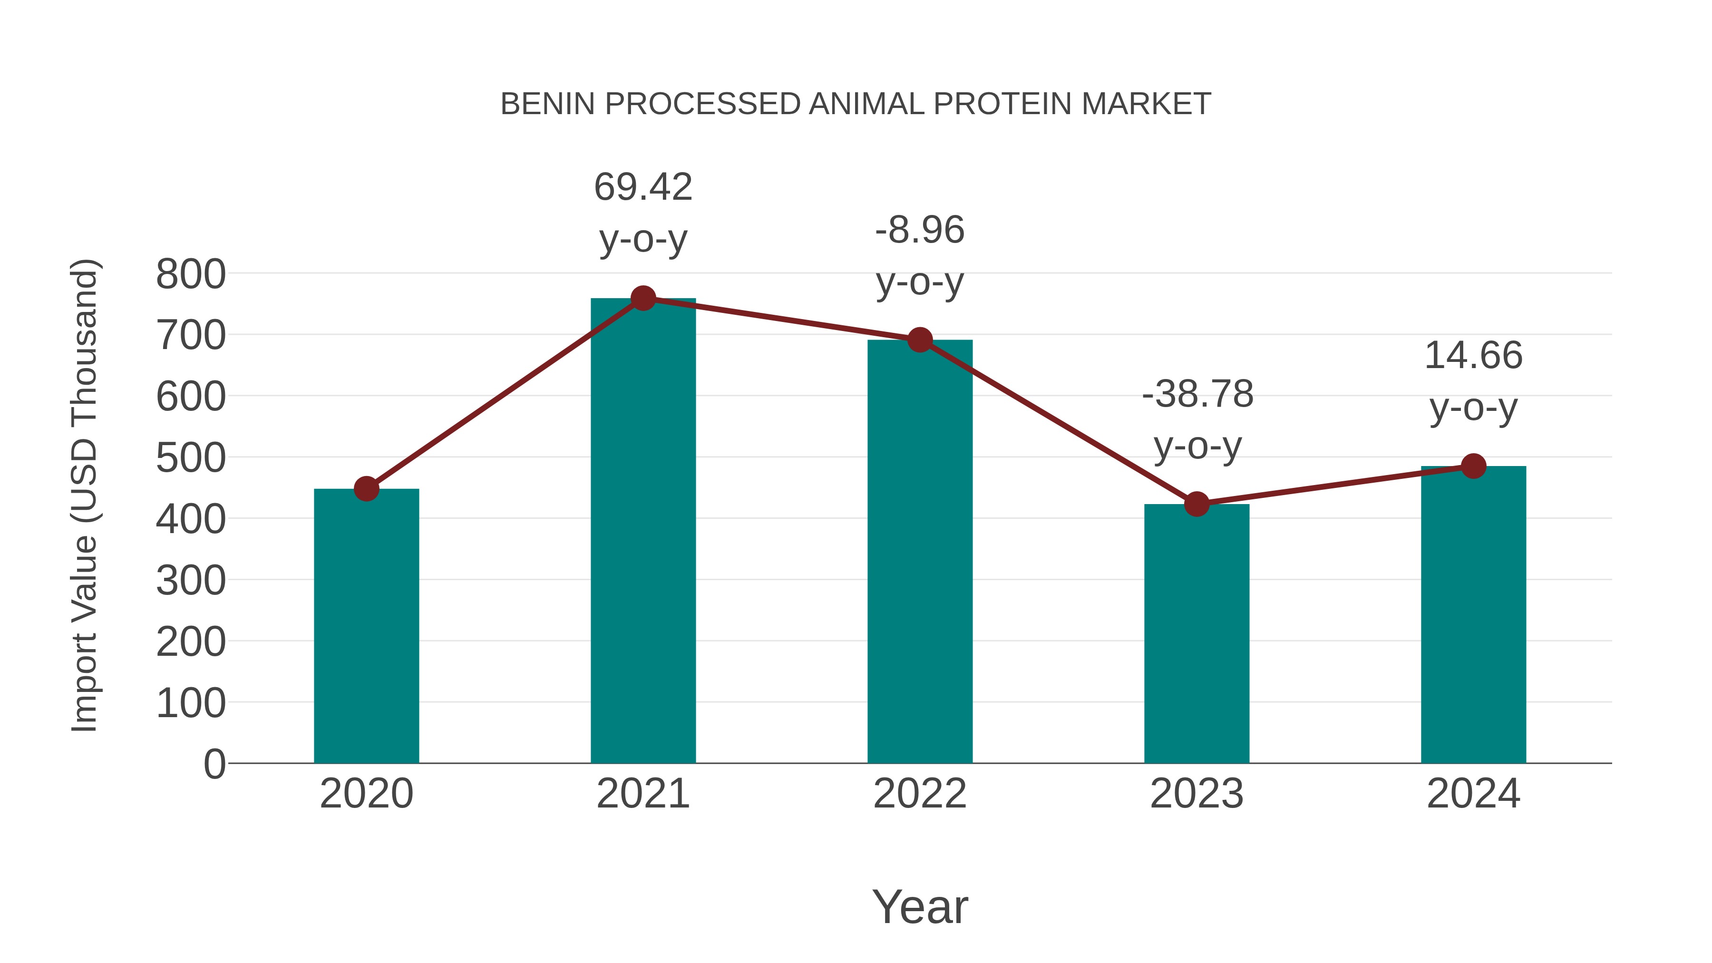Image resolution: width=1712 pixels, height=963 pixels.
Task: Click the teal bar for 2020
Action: [x=366, y=625]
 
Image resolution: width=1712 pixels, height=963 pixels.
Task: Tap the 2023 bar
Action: [x=1196, y=633]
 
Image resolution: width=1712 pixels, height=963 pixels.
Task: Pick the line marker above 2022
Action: [x=920, y=340]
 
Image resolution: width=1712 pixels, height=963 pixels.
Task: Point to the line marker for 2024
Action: [x=1473, y=466]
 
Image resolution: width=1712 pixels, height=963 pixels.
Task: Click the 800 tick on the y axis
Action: [x=191, y=274]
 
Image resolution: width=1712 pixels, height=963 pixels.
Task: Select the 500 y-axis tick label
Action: [x=191, y=458]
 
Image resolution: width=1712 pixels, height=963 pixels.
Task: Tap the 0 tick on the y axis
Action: [x=214, y=764]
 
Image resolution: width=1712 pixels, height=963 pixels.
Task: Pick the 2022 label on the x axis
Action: [x=920, y=794]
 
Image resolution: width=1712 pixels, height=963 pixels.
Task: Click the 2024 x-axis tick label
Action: [x=1473, y=794]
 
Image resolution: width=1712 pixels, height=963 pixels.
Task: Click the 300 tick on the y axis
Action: [x=191, y=581]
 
